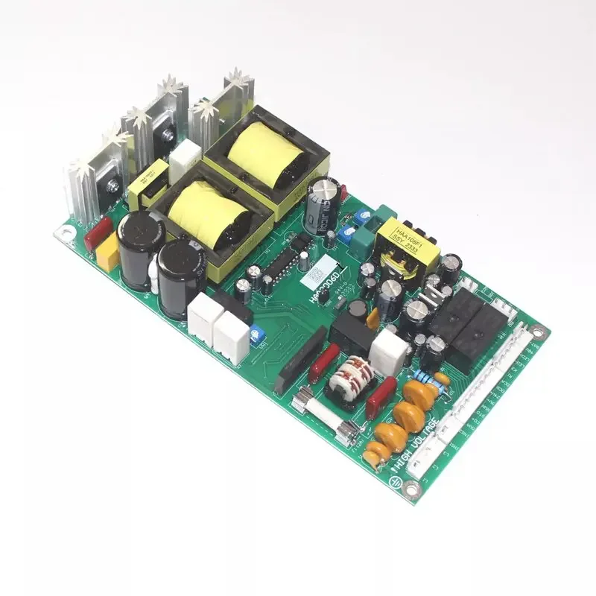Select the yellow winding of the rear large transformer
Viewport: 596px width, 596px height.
tap(264, 158)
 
